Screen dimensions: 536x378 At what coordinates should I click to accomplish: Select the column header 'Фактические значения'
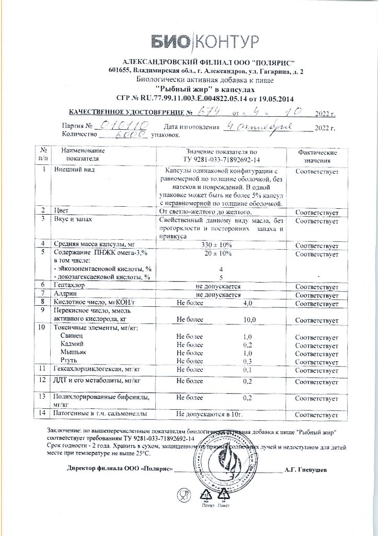(x=317, y=155)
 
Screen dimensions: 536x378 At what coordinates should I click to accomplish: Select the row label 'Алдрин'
(x=66, y=295)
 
